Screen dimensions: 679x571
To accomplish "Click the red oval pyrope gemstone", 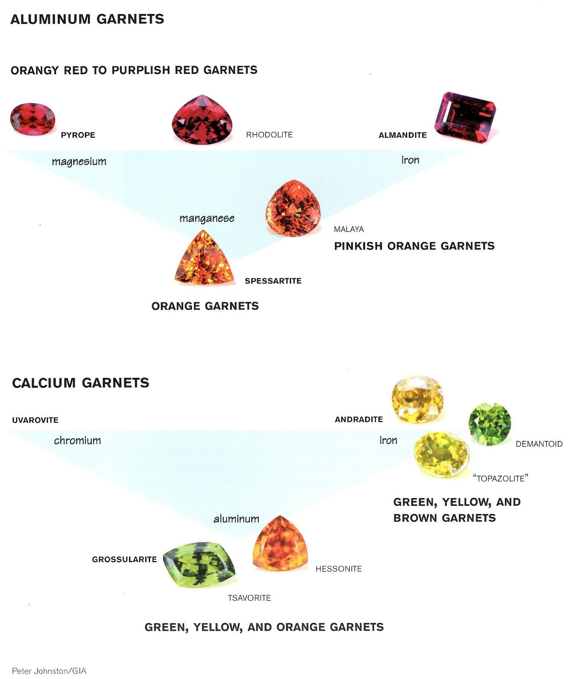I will tap(33, 119).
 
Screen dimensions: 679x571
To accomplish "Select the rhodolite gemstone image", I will tap(202, 120).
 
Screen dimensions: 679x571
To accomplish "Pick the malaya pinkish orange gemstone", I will tap(293, 208).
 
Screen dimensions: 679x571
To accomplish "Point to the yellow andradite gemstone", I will tap(417, 399).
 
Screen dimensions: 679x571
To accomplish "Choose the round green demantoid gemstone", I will tap(489, 424).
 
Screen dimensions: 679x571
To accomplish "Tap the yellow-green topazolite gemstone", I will tap(442, 454).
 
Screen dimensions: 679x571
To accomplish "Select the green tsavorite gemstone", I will tap(199, 564).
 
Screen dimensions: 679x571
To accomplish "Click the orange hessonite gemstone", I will tap(280, 544).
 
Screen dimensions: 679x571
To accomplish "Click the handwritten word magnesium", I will tap(79, 162).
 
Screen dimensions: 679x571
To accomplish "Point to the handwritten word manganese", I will tap(207, 219).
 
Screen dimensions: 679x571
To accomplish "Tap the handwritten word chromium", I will tap(77, 441).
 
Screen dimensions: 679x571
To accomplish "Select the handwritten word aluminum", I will tap(236, 519).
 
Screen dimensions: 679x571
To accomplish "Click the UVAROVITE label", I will tap(35, 420).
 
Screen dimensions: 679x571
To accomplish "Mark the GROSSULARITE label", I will tap(124, 559).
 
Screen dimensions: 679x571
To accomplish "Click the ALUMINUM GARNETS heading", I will tap(87, 19).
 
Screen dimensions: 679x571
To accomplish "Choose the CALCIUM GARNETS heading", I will tap(81, 383).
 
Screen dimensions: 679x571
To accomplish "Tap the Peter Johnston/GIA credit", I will tap(49, 671).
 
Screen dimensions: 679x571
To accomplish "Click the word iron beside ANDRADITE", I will tap(388, 441).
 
